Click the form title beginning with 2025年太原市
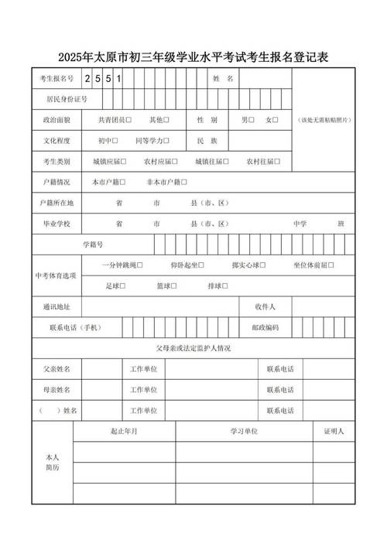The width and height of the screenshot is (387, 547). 193,58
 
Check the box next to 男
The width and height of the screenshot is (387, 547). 253,120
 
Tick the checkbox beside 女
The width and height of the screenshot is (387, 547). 276,120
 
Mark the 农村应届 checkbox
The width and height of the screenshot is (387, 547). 176,162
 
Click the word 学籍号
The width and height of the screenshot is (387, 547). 93,244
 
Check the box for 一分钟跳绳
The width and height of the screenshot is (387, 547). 142,265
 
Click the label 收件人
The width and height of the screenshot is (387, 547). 265,306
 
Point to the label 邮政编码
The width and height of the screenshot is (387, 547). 265,327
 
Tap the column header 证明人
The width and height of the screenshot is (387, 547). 334,430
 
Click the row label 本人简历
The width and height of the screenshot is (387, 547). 53,463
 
